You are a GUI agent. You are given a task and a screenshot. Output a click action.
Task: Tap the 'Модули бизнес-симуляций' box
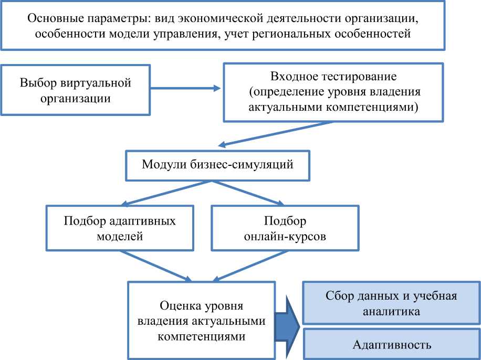pyautogui.click(x=217, y=165)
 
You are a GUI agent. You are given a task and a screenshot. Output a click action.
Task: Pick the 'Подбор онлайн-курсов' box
pyautogui.click(x=285, y=228)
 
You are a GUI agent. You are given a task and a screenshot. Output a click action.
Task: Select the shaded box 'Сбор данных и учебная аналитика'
pyautogui.click(x=391, y=303)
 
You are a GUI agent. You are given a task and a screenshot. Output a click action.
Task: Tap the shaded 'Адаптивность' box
pyautogui.click(x=391, y=345)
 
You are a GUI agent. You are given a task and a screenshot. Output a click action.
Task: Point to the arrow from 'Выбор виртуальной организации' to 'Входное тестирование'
pyautogui.click(x=186, y=88)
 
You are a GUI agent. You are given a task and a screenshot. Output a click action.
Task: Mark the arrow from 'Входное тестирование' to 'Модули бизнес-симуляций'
pyautogui.click(x=276, y=133)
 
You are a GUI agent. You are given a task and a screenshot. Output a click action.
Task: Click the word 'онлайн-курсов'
pyautogui.click(x=286, y=236)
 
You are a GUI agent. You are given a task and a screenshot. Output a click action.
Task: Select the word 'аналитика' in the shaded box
pyautogui.click(x=391, y=312)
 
